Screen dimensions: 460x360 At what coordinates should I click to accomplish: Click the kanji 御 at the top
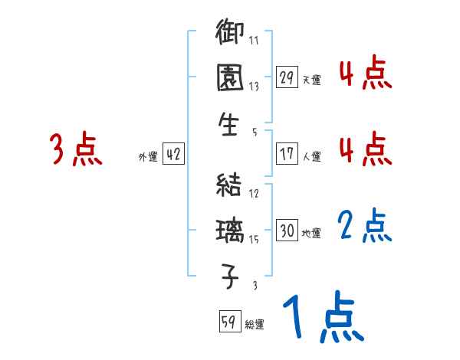229,34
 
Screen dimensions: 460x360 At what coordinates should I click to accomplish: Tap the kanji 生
229,123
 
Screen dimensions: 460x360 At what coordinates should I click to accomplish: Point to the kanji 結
229,185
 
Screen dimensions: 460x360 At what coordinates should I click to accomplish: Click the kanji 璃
229,230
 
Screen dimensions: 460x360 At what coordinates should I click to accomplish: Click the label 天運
311,80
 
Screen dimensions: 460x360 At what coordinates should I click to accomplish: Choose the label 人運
311,156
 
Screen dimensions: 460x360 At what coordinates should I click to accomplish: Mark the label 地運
311,233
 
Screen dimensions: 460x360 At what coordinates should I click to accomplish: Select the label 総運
255,324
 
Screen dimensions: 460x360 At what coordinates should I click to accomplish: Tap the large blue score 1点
322,316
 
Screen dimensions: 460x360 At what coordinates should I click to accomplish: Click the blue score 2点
365,226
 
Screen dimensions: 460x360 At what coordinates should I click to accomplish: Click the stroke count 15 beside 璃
254,239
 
